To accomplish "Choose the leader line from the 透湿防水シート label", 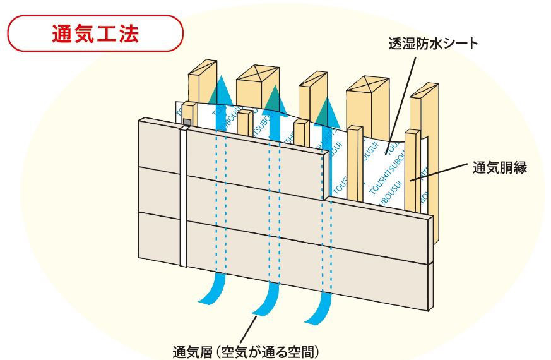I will click(x=401, y=95).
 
